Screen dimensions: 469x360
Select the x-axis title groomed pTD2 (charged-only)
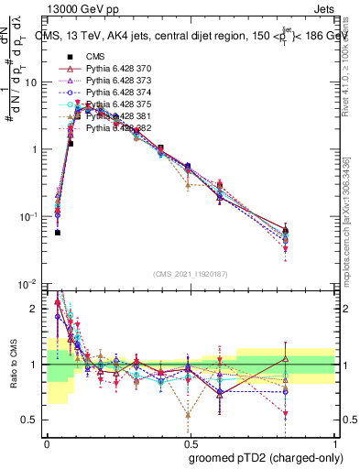267,458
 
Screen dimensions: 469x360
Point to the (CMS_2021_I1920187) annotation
189,274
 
